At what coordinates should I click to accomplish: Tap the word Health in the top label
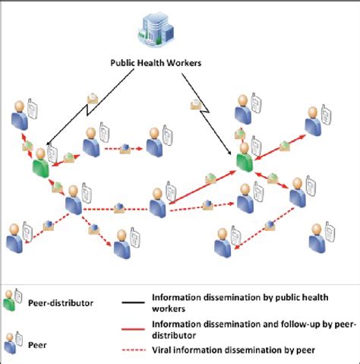click(x=155, y=64)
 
